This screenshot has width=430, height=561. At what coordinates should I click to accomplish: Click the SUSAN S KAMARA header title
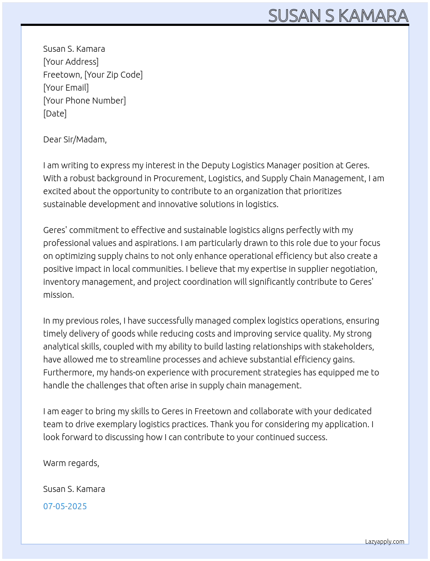[x=338, y=16]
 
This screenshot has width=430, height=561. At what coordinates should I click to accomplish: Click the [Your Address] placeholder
[x=71, y=62]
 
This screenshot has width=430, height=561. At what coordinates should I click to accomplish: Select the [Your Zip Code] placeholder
[x=114, y=75]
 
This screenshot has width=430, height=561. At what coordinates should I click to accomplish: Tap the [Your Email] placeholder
[x=66, y=88]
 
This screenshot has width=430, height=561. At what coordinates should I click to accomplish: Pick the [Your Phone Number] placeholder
[x=85, y=101]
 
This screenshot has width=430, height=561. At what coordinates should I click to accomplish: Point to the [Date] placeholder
[x=55, y=113]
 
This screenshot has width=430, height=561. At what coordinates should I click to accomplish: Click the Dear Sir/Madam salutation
[x=75, y=139]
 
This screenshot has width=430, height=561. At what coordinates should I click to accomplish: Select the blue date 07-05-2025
[x=65, y=506]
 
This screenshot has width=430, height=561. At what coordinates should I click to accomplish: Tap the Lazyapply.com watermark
[x=385, y=542]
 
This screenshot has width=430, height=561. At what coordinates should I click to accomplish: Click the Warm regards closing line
[x=71, y=463]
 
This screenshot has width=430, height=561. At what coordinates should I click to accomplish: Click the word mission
[x=58, y=295]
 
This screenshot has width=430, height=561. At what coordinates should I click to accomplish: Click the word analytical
[x=61, y=347]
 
